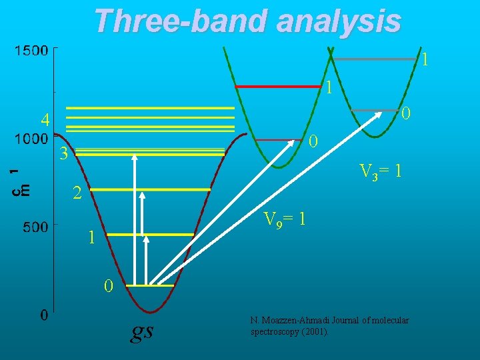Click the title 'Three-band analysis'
pyautogui.click(x=247, y=21)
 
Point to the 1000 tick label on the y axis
pyautogui.click(x=31, y=139)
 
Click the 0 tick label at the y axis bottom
pyautogui.click(x=43, y=315)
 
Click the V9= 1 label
pyautogui.click(x=285, y=219)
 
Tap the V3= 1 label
pyautogui.click(x=380, y=171)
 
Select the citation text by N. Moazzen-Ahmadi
pyautogui.click(x=329, y=326)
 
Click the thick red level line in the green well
pyautogui.click(x=278, y=87)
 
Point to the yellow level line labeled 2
pyautogui.click(x=150, y=190)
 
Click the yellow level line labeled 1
pyautogui.click(x=150, y=235)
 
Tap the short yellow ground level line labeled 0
pyautogui.click(x=150, y=286)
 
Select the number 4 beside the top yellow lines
pyautogui.click(x=45, y=121)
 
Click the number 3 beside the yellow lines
pyautogui.click(x=63, y=154)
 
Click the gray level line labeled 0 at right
pyautogui.click(x=375, y=110)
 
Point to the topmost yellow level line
pyautogui.click(x=150, y=107)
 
